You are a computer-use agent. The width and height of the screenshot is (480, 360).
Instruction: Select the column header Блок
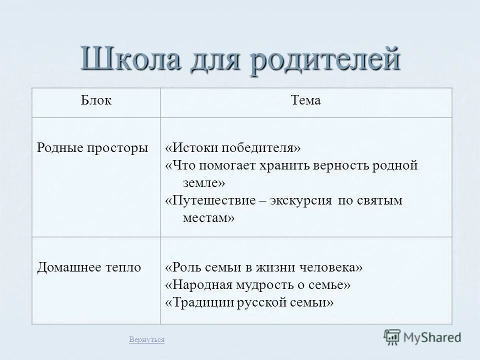pyautogui.click(x=96, y=100)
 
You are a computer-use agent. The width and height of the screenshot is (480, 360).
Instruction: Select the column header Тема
pyautogui.click(x=305, y=100)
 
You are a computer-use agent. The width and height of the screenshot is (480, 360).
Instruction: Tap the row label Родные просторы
pyautogui.click(x=93, y=148)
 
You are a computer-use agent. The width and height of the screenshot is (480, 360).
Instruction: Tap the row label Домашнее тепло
pyautogui.click(x=89, y=267)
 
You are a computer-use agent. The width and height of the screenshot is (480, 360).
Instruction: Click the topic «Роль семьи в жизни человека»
pyautogui.click(x=264, y=267)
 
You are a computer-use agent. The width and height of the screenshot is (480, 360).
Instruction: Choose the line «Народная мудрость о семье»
pyautogui.click(x=257, y=285)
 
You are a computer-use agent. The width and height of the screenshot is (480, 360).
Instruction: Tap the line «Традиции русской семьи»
pyautogui.click(x=249, y=302)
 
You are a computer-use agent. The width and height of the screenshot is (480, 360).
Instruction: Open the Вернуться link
pyautogui.click(x=146, y=340)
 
